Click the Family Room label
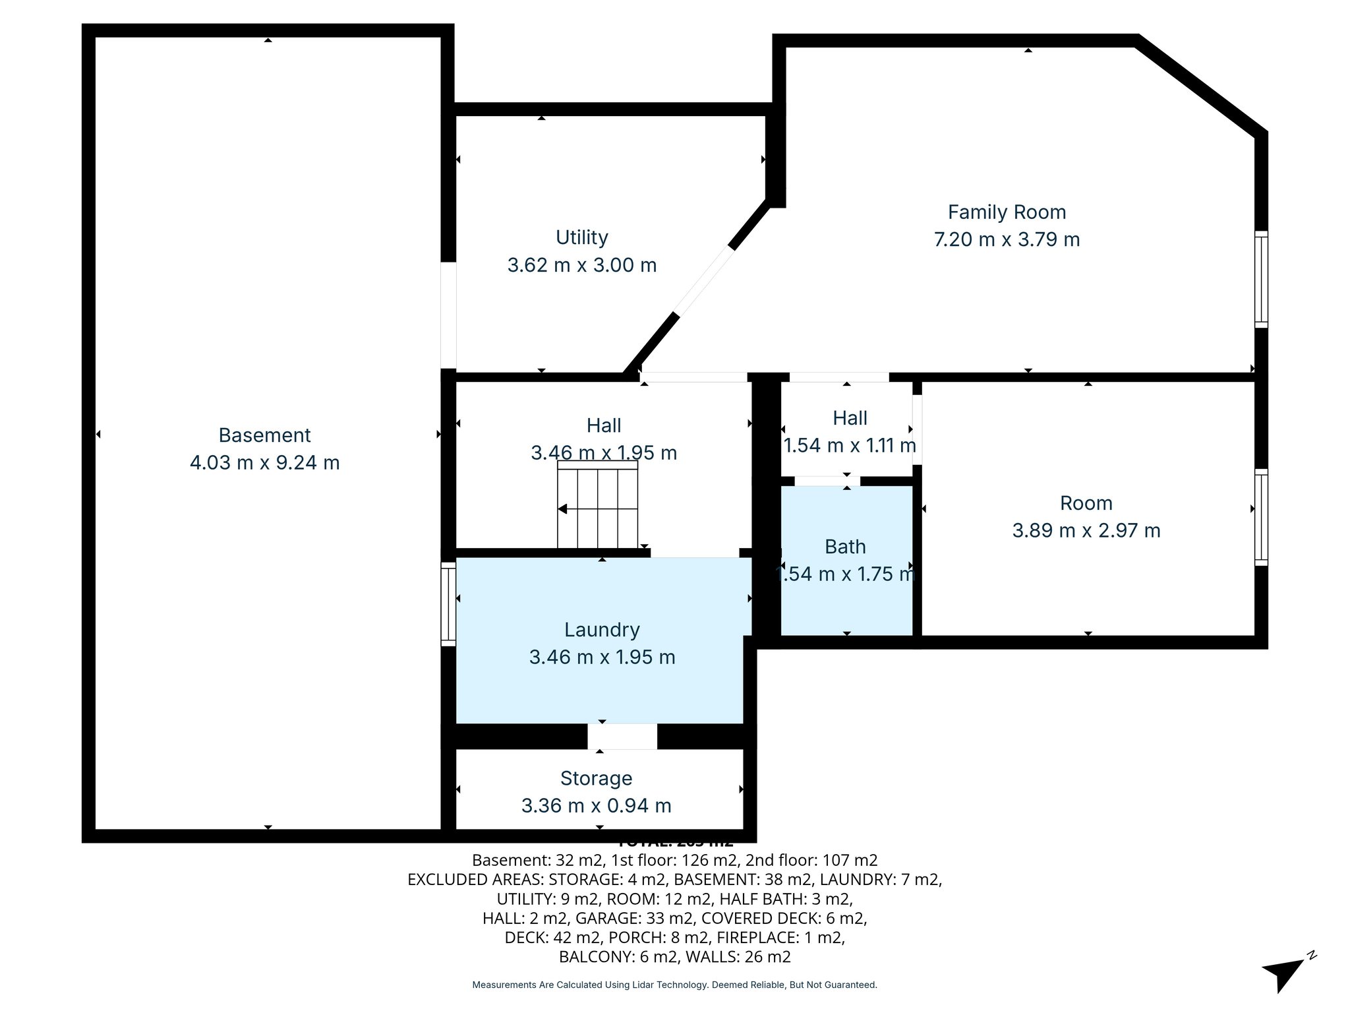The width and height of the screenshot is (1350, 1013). point(1007,212)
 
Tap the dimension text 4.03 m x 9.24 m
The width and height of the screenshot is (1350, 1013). point(264,462)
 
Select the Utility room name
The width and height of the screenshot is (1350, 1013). point(581,237)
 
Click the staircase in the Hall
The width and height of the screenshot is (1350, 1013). point(598,508)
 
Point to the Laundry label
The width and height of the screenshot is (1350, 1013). point(602,630)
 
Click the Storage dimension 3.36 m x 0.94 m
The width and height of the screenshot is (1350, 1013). point(596,805)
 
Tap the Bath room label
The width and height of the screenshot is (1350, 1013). point(845,547)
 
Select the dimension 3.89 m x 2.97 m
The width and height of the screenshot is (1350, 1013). point(1086,530)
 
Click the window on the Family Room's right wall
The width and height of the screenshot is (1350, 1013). point(1260,279)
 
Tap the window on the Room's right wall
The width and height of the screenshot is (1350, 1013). point(1260,517)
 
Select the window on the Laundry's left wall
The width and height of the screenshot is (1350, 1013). point(448,604)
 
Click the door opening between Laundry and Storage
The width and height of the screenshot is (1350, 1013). point(622,736)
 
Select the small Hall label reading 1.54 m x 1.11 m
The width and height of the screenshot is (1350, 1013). point(849,445)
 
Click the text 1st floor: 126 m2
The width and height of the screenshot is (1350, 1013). point(666,860)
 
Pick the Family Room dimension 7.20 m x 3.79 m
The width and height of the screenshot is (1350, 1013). point(1007,239)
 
